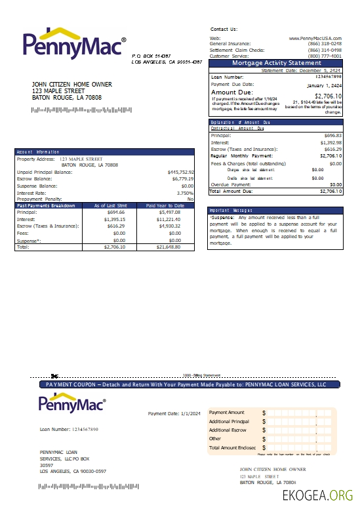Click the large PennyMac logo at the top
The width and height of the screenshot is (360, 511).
tap(74, 43)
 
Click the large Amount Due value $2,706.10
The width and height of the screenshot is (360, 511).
tap(327, 96)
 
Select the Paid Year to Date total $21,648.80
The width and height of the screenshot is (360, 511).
tap(168, 247)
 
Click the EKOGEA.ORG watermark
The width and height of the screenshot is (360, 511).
tap(317, 496)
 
